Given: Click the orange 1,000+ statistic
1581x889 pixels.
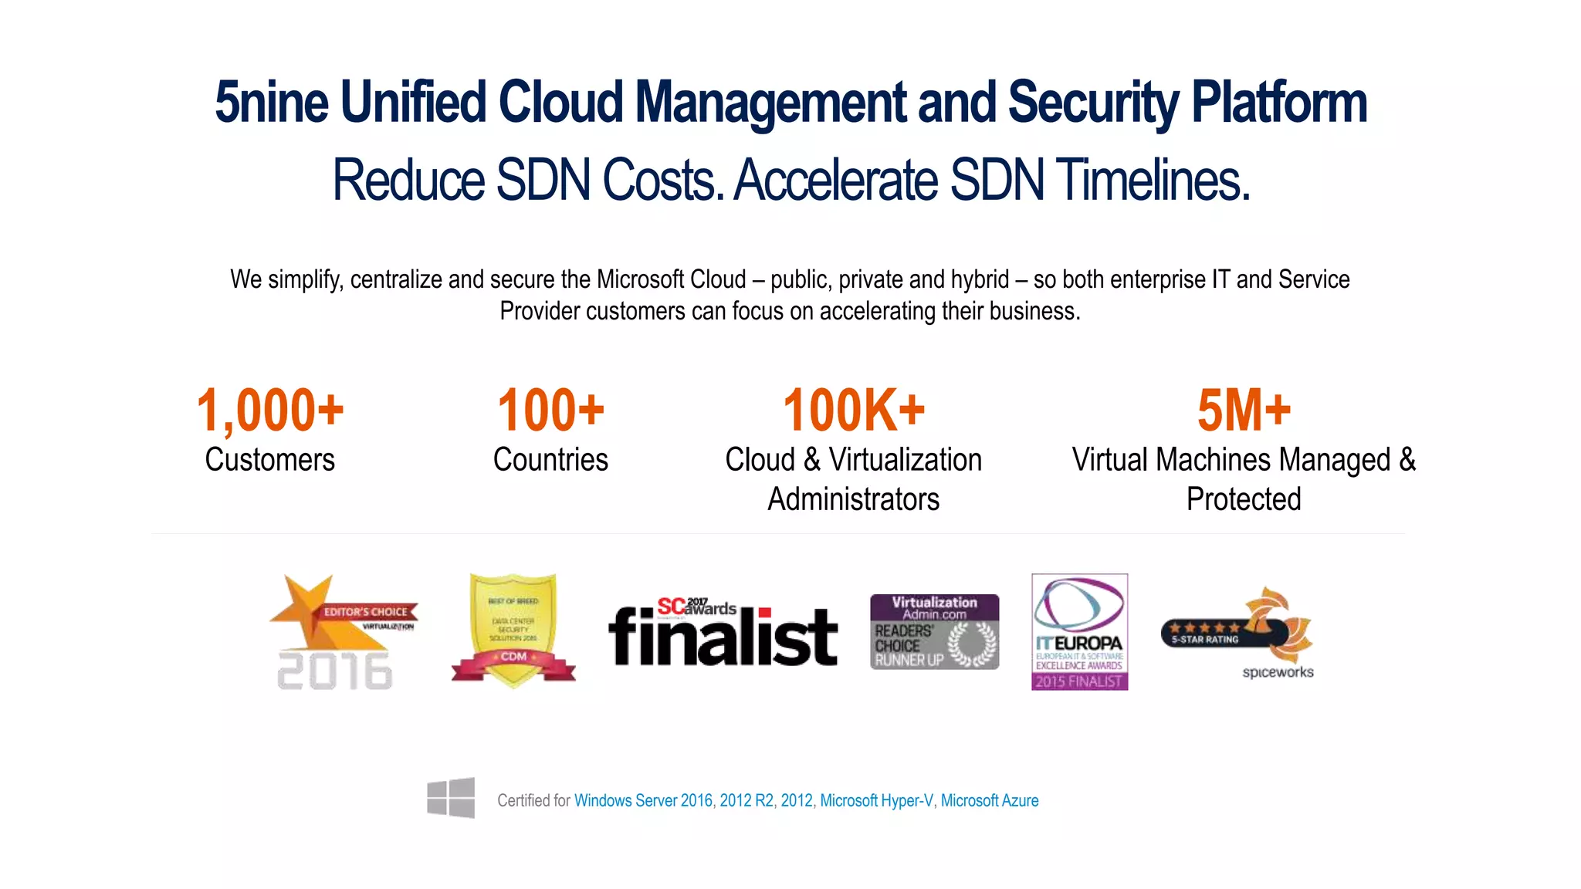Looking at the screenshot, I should (270, 411).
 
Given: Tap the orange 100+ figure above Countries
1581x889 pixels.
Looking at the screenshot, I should (550, 411).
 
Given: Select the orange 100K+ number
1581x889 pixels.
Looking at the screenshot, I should (854, 411).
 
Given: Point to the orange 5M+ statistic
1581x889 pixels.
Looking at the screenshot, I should (1244, 411).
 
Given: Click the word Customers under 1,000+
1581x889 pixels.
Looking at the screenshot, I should (269, 460).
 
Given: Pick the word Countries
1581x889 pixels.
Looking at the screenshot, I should (550, 460).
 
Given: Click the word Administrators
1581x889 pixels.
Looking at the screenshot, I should (853, 499).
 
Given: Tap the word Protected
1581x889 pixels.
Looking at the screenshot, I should (1244, 499).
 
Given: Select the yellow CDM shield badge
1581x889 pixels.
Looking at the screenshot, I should (513, 630).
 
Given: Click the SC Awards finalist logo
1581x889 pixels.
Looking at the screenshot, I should (723, 633).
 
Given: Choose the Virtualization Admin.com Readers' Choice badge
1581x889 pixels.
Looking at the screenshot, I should (934, 631).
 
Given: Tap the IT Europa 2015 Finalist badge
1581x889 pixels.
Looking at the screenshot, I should (1079, 631).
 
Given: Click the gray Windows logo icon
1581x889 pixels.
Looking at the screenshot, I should (451, 798).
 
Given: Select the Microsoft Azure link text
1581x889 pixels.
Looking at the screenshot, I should (990, 801).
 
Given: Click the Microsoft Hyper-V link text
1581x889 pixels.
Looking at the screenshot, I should (876, 801).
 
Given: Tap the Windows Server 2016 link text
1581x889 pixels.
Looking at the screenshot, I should (643, 801).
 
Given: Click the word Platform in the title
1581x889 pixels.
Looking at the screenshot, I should (1279, 103).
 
